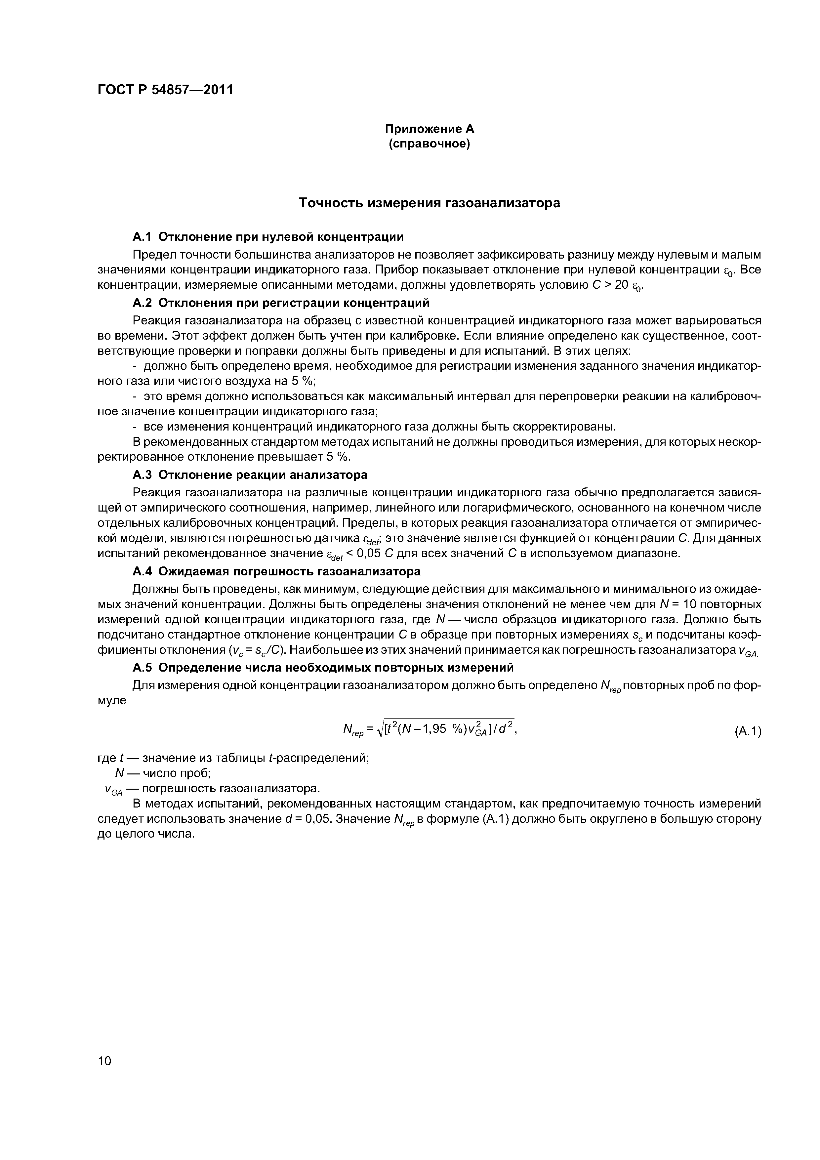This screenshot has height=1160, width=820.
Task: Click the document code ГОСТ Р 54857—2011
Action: (165, 90)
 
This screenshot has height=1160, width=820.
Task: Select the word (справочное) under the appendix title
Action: (430, 145)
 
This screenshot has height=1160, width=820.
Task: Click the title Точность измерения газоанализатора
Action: (430, 203)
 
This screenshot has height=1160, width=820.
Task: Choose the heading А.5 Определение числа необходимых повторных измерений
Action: (323, 667)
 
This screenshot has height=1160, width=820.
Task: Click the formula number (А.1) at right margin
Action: (747, 731)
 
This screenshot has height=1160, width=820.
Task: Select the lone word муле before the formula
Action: (112, 701)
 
